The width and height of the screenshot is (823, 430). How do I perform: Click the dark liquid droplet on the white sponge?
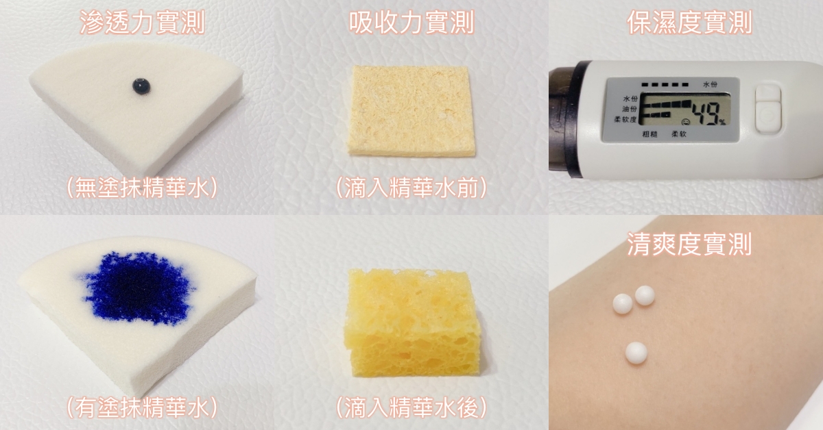click(x=141, y=86)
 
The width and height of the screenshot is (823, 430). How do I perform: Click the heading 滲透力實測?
click(x=142, y=23)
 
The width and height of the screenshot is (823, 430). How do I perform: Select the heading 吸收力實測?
click(x=411, y=23)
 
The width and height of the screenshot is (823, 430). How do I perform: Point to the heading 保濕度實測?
click(x=689, y=23)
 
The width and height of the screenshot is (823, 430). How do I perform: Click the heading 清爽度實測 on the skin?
click(x=689, y=244)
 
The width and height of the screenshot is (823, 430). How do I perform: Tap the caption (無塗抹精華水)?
click(x=142, y=188)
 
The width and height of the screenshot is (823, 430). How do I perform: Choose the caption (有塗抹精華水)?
click(x=142, y=407)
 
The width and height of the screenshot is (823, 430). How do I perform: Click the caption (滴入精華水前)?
click(x=411, y=188)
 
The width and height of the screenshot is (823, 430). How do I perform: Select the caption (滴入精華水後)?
click(x=411, y=407)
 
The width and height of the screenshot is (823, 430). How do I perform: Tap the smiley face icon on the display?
click(x=685, y=121)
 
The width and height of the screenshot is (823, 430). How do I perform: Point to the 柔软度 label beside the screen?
click(x=625, y=120)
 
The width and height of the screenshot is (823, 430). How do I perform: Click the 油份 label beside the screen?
click(x=630, y=109)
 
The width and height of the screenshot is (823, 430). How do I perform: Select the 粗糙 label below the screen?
click(x=649, y=134)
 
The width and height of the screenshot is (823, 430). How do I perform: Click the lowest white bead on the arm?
click(x=636, y=353)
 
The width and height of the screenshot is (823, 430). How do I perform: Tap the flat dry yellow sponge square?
click(x=411, y=110)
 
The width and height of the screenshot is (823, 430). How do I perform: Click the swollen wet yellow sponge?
click(x=411, y=323)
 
